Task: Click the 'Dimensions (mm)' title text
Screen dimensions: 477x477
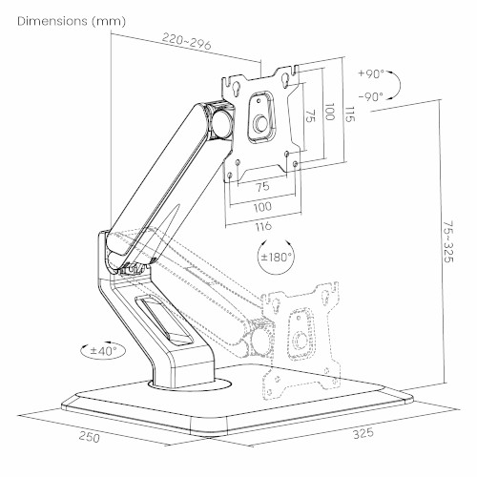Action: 72,21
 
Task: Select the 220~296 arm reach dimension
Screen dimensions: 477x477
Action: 187,41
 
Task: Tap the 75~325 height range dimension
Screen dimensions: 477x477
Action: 448,241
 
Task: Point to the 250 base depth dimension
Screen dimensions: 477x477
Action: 90,436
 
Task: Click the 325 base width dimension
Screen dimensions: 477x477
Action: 363,433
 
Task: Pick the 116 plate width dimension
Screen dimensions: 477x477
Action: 263,226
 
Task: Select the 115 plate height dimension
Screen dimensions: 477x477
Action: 350,114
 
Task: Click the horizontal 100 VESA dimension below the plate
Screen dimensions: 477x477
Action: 262,207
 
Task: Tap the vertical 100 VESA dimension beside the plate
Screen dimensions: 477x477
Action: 330,112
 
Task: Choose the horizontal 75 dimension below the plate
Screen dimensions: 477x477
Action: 262,187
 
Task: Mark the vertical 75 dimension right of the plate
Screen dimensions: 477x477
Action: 311,115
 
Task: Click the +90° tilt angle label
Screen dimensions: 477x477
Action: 371,73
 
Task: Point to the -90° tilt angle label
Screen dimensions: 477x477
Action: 371,96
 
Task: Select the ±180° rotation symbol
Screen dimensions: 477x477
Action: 276,257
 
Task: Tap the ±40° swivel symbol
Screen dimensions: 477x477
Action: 103,351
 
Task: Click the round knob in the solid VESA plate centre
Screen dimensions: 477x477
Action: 261,124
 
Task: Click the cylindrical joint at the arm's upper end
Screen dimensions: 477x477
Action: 221,122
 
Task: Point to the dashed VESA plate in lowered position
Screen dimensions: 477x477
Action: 301,340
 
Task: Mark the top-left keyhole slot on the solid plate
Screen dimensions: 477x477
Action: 237,89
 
